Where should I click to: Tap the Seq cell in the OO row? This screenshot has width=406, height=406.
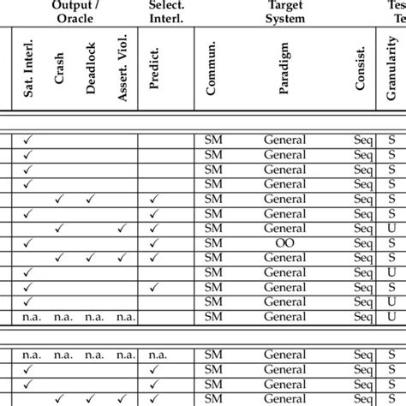click(x=362, y=243)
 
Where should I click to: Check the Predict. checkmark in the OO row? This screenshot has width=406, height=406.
click(x=154, y=243)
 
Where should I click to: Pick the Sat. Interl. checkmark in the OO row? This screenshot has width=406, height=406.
click(x=28, y=243)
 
